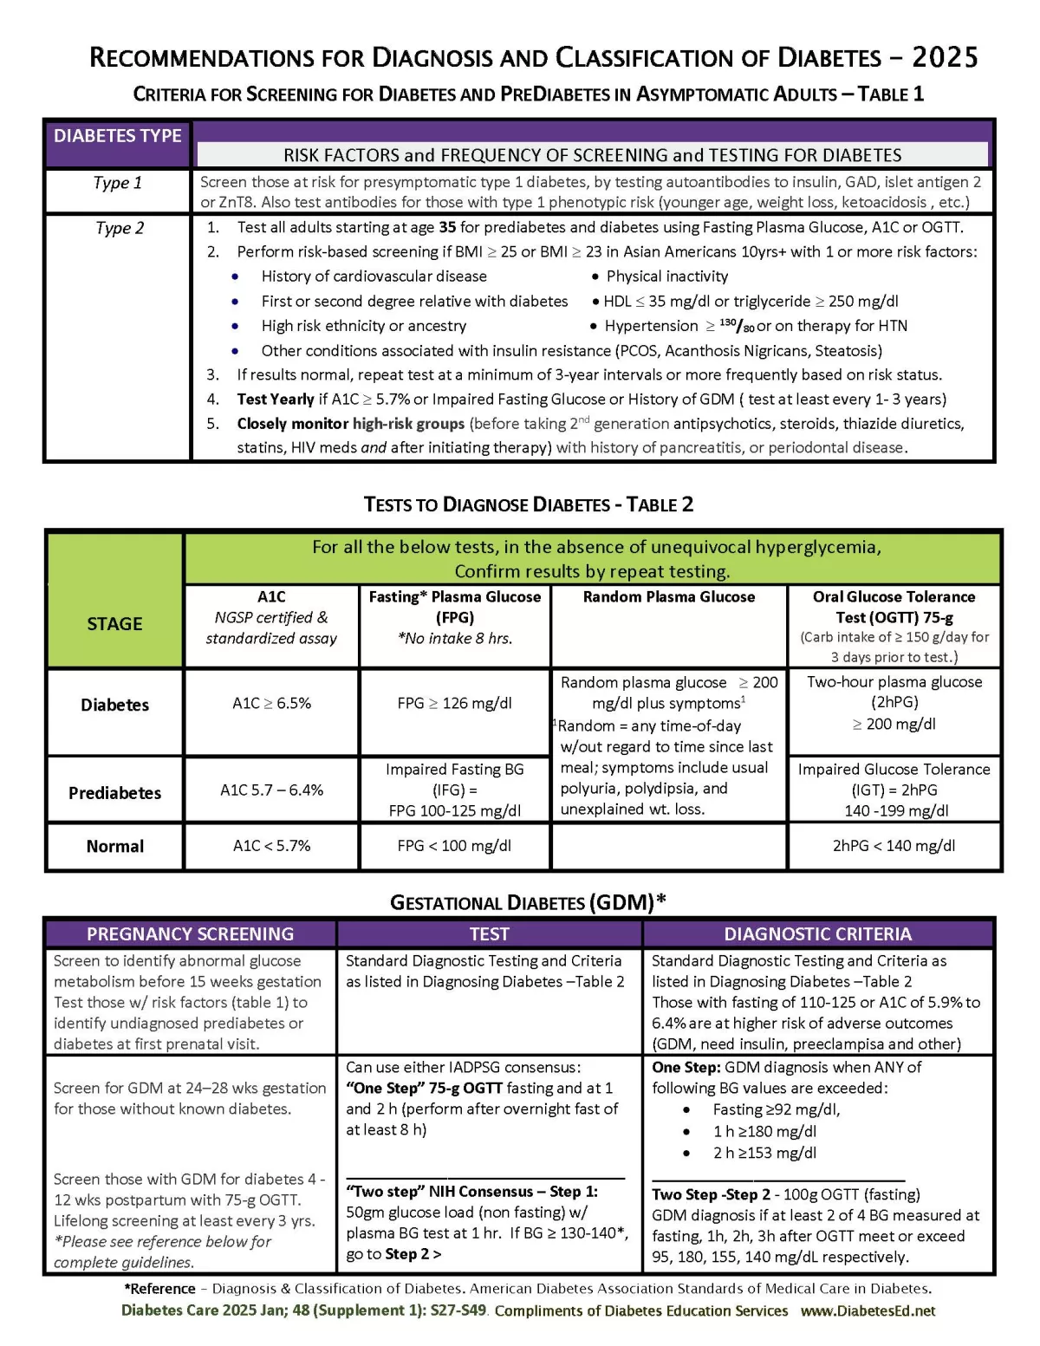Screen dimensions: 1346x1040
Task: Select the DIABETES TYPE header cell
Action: (x=117, y=136)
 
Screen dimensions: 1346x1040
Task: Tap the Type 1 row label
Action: (x=117, y=183)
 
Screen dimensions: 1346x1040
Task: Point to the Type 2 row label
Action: (x=120, y=228)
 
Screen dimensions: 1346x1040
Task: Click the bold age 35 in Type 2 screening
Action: (x=447, y=227)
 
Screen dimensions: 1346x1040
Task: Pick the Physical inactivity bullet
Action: (x=666, y=276)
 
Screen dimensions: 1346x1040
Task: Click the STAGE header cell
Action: (x=114, y=624)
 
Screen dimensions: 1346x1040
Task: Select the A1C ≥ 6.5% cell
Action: (x=271, y=704)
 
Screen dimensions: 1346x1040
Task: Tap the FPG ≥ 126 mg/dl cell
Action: (x=454, y=704)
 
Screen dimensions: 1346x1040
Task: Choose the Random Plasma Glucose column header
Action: (x=668, y=597)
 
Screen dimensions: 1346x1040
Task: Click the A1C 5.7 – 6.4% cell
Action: (x=271, y=790)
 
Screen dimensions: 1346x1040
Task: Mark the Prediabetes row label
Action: (x=114, y=793)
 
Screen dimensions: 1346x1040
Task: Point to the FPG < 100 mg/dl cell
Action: (x=454, y=846)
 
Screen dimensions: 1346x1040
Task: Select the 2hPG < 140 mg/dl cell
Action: (x=894, y=846)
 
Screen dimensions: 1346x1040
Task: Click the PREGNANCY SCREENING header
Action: (x=190, y=934)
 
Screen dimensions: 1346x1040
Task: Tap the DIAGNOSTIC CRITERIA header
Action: (x=817, y=934)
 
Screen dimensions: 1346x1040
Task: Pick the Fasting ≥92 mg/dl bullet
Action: (x=776, y=1110)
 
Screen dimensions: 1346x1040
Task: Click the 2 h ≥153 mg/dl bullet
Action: (x=764, y=1154)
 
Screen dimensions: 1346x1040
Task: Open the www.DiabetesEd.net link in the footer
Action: (x=868, y=1311)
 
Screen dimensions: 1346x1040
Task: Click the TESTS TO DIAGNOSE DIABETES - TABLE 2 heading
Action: (x=528, y=505)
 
